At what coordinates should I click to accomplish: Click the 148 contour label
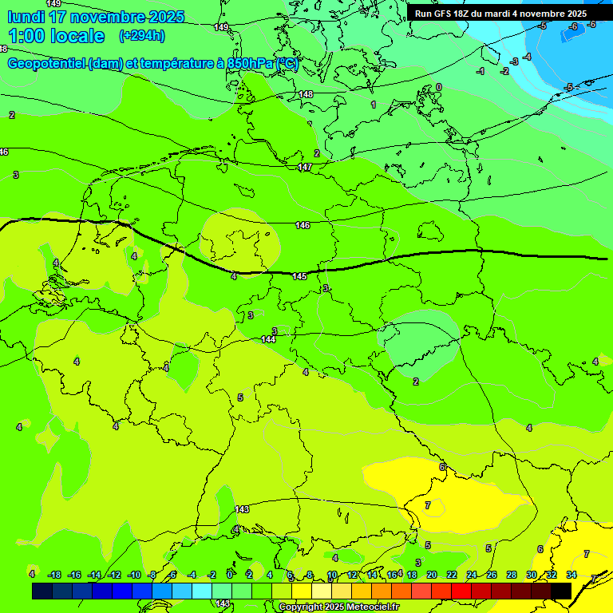click(x=306, y=94)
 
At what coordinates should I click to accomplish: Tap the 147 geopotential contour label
click(x=304, y=167)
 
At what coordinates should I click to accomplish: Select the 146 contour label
click(x=303, y=226)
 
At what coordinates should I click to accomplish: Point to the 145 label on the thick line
click(x=299, y=276)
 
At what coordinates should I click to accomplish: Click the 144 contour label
click(x=269, y=339)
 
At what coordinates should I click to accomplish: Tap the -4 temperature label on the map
click(x=528, y=57)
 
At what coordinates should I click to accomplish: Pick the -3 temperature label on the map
click(x=515, y=61)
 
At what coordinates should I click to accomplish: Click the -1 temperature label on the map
click(x=480, y=72)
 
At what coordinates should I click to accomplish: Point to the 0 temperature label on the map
click(x=438, y=87)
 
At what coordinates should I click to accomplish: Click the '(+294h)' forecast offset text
click(x=141, y=36)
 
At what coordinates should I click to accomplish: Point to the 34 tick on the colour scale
click(x=571, y=575)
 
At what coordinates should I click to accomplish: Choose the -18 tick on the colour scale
click(x=54, y=575)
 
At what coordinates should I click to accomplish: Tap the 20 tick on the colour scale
click(x=432, y=575)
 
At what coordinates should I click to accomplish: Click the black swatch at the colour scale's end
click(x=561, y=591)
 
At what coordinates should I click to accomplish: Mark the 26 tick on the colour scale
click(x=491, y=575)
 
